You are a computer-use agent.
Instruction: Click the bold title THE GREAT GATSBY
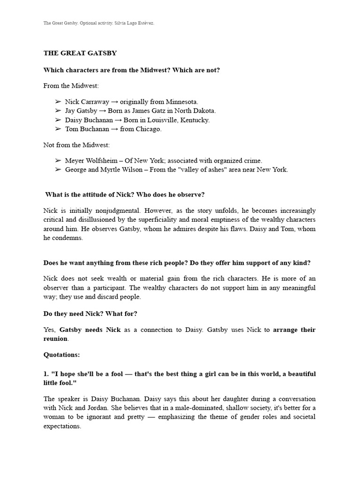pyautogui.click(x=80, y=53)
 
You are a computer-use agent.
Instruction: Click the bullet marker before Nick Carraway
pyautogui.click(x=58, y=101)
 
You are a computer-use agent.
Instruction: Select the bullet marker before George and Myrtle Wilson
pyautogui.click(x=58, y=170)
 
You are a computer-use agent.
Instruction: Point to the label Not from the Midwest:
pyautogui.click(x=76, y=145)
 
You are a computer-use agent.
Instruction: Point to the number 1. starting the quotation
pyautogui.click(x=46, y=374)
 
